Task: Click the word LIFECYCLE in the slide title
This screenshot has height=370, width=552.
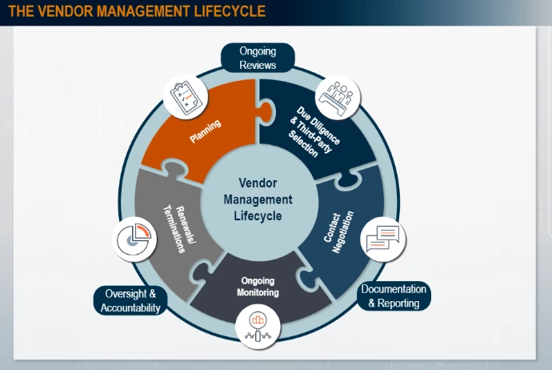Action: pyautogui.click(x=220, y=11)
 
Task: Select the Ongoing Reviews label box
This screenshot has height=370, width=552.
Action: pyautogui.click(x=258, y=58)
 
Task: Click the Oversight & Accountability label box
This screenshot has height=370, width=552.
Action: pyautogui.click(x=130, y=300)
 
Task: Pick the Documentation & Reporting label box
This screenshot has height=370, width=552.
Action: pyautogui.click(x=394, y=296)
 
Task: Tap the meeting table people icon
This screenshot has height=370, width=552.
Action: pyautogui.click(x=338, y=96)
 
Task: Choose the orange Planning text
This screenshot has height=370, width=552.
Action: pyautogui.click(x=206, y=131)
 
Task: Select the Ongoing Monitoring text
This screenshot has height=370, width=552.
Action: pyautogui.click(x=258, y=287)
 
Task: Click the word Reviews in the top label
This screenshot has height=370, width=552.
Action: pyautogui.click(x=258, y=65)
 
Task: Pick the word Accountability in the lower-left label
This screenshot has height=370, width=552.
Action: pyautogui.click(x=130, y=308)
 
